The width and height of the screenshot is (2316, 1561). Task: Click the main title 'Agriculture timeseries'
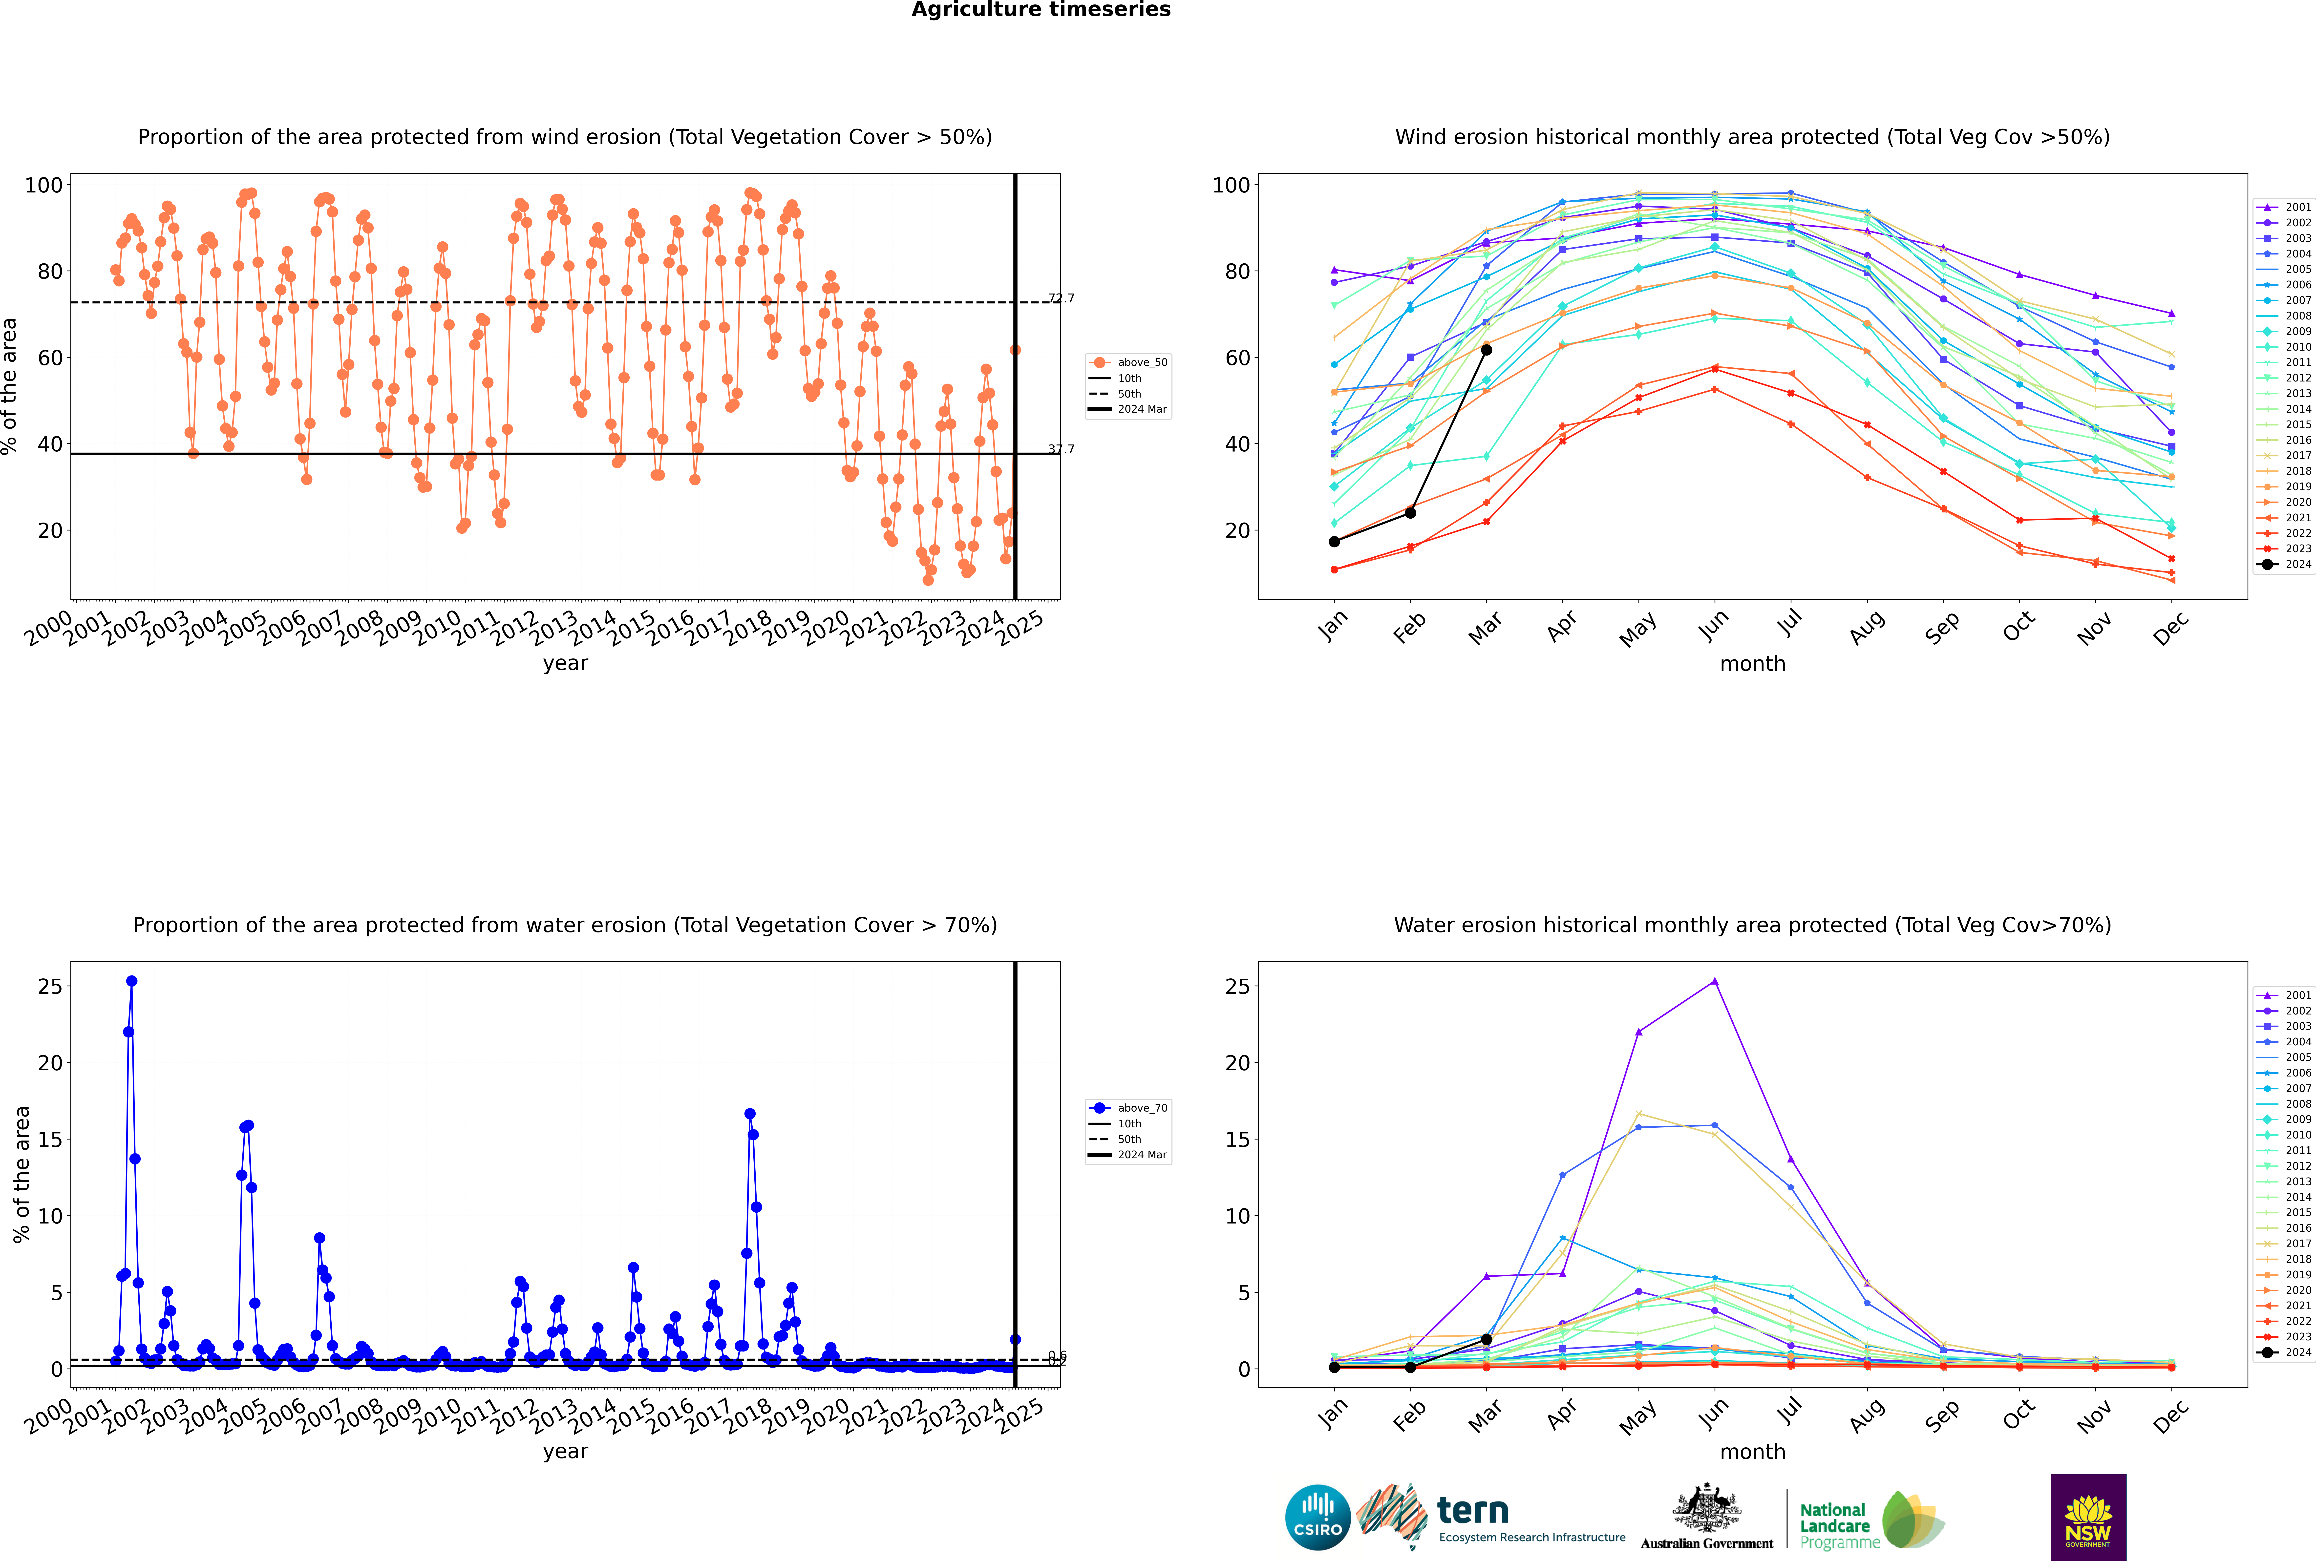click(1041, 10)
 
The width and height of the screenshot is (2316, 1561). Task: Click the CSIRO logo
click(1317, 1517)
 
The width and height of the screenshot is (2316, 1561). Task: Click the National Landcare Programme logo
click(1870, 1520)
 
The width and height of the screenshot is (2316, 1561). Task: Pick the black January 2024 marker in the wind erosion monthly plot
click(1334, 542)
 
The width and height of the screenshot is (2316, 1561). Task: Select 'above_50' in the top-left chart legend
click(1141, 362)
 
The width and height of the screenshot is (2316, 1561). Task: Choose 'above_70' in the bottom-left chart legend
click(1141, 1108)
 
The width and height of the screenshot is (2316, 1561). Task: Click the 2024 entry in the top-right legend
click(2297, 565)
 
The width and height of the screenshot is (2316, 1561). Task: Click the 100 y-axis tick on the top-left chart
click(44, 185)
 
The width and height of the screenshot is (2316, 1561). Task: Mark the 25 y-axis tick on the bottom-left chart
click(50, 987)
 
